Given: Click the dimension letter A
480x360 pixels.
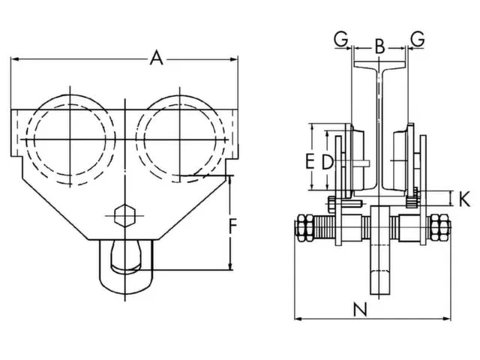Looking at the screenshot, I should coord(156,57).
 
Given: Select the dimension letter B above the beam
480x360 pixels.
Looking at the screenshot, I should coord(379,46).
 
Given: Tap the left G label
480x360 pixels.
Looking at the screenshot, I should coord(341,38).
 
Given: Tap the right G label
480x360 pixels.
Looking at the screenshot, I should coord(418,38).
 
